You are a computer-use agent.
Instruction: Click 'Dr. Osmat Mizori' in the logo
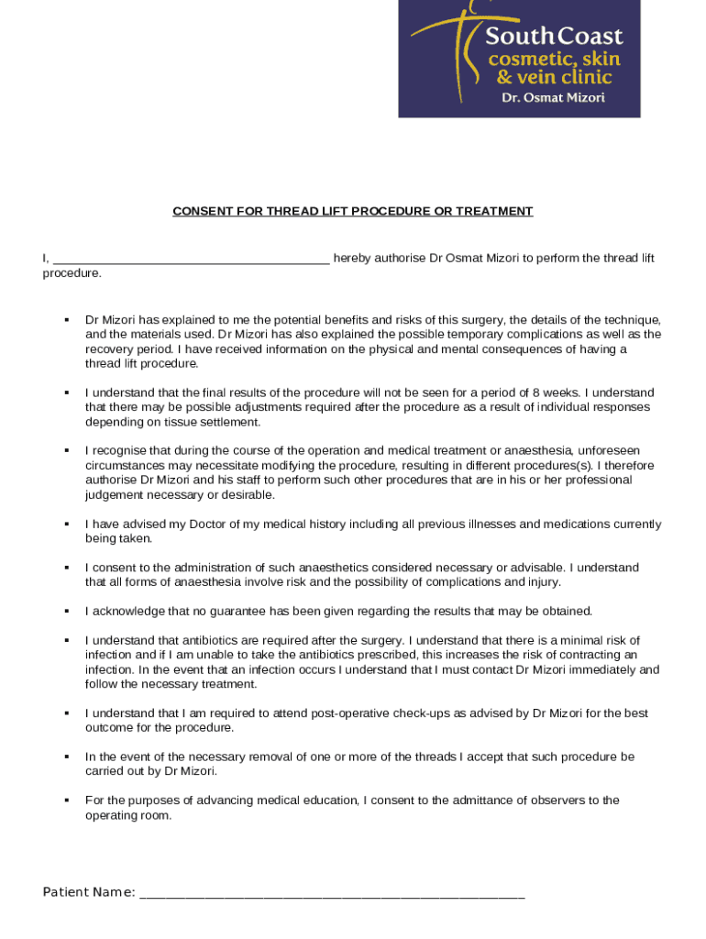tap(552, 97)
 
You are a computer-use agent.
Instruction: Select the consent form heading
tap(353, 211)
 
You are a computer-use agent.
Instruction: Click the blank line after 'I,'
tap(192, 260)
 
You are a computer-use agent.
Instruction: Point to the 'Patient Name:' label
tap(89, 893)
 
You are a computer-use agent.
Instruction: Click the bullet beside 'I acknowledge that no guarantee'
tap(67, 611)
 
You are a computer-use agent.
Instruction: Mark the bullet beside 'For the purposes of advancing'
tap(67, 801)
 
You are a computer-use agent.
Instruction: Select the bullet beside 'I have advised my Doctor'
tap(67, 524)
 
